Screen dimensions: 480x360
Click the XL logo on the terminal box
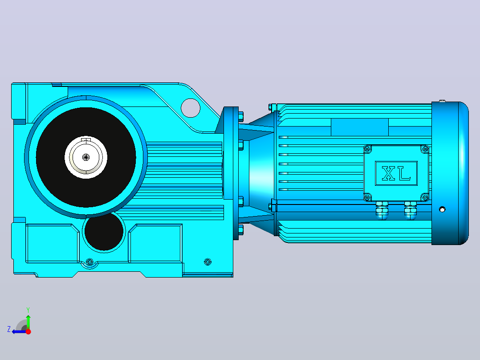pos(396,173)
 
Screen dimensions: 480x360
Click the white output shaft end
pos(86,157)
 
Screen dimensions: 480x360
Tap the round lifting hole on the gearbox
pos(191,108)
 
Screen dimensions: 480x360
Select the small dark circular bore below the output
pos(104,231)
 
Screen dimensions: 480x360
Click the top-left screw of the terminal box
pos(368,149)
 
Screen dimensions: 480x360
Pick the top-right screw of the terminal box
pos(425,149)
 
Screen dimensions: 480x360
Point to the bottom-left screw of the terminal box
pos(368,197)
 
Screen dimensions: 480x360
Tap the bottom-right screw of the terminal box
pos(425,197)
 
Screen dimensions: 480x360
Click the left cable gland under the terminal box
pos(382,210)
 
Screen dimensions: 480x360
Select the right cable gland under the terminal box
pos(410,210)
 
